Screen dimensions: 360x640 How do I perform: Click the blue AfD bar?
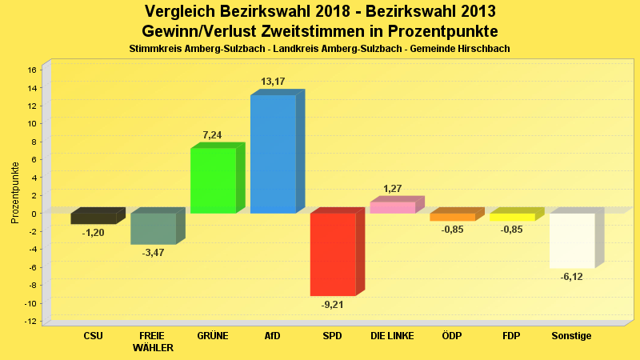point(273,154)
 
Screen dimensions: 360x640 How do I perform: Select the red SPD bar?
point(333,254)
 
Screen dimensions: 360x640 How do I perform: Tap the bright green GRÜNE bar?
point(213,180)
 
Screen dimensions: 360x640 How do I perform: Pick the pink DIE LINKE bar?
point(392,207)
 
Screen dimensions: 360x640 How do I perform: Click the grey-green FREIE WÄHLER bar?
point(153,228)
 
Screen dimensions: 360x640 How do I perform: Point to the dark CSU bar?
point(94,218)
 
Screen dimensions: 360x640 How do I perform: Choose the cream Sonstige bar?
point(572,240)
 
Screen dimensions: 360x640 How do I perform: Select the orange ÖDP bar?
point(452,217)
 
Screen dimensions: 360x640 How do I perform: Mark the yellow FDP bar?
point(512,217)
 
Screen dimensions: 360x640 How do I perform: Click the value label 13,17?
point(273,82)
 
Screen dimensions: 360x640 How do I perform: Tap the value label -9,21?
point(333,305)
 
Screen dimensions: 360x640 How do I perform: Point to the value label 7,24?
point(213,135)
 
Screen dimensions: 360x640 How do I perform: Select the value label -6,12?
point(572,277)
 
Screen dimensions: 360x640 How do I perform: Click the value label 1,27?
point(392,189)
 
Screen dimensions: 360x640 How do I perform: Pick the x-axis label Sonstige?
point(572,336)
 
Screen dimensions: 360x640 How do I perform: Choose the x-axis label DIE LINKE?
point(392,336)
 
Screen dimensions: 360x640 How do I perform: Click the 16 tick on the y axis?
point(32,70)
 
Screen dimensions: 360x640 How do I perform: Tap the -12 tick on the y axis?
point(30,322)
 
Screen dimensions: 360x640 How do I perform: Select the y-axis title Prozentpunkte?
point(15,193)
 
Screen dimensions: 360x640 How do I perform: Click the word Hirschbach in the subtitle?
point(483,49)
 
